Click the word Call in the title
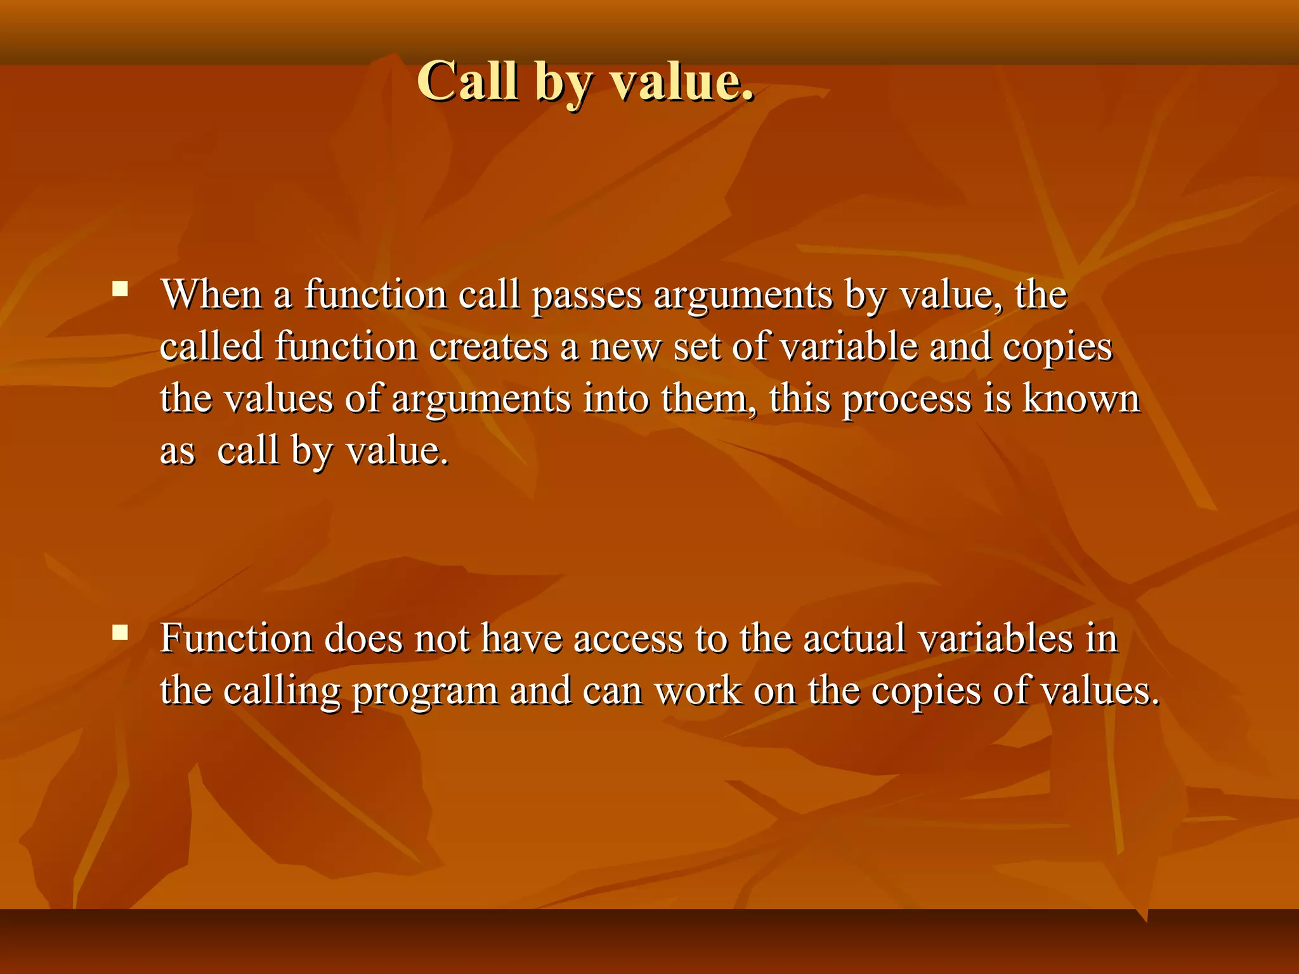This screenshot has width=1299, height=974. (467, 81)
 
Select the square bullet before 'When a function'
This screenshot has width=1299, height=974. (120, 290)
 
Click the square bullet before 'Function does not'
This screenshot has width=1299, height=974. (120, 632)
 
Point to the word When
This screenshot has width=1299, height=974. (211, 295)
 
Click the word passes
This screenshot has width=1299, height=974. (587, 296)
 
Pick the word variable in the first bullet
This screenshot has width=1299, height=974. (849, 347)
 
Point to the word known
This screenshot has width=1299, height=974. (1082, 399)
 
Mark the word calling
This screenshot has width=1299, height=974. (282, 691)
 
